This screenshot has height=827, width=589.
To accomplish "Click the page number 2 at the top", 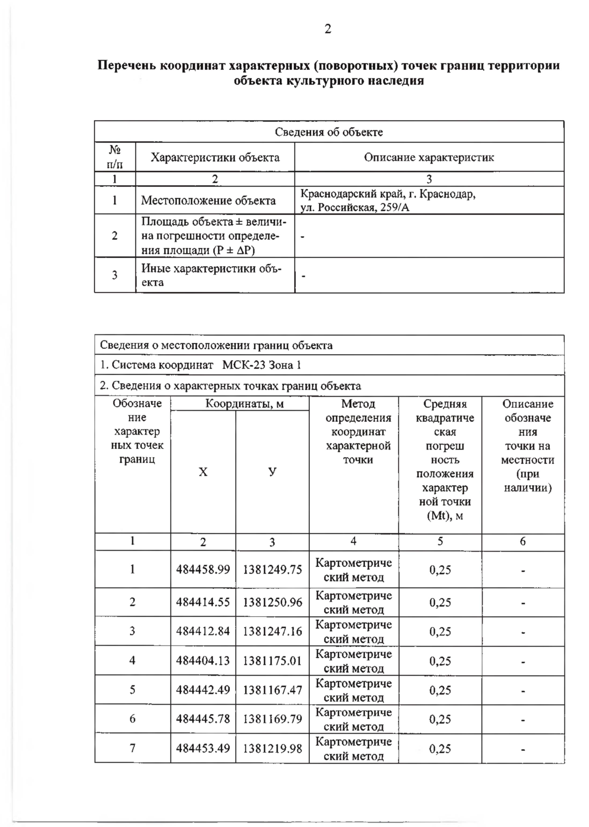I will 328,29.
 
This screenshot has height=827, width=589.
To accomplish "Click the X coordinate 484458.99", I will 203,570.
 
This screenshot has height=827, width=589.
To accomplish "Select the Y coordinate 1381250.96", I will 272,602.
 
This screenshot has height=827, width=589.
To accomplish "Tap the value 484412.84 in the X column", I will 203,631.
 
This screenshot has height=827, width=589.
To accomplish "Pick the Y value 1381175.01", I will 272,661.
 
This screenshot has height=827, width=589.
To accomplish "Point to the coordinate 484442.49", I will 203,689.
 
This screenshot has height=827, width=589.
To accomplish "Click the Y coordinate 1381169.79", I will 272,719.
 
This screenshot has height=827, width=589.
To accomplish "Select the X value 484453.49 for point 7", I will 203,748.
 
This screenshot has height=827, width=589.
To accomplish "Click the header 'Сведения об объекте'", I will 328,132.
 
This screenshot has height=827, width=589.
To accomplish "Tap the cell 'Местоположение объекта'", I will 208,200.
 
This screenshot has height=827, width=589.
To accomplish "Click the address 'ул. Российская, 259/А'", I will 354,207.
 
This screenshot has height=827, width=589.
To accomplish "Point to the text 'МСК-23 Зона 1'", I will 261,365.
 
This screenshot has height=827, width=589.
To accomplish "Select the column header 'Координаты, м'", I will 240,404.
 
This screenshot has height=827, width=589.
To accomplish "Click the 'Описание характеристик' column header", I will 428,158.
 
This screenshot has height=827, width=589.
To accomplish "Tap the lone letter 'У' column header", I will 272,472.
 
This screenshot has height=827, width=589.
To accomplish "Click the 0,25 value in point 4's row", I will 440,661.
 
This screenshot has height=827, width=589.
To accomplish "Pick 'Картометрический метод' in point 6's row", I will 353,719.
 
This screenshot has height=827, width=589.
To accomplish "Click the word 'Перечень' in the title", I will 127,66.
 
